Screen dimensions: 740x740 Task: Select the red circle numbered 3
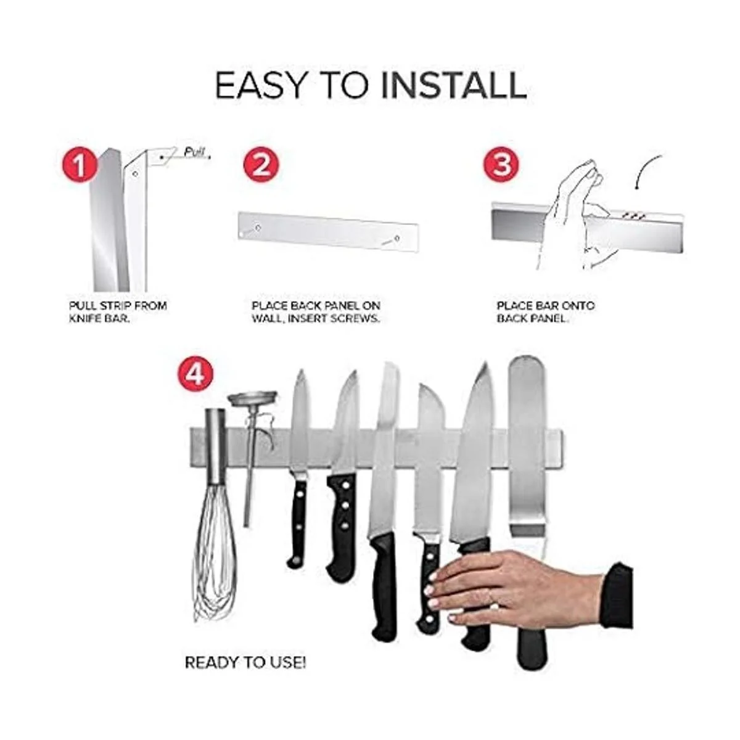click(501, 165)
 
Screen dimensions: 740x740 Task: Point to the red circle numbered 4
click(195, 374)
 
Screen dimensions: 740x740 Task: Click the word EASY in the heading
click(260, 86)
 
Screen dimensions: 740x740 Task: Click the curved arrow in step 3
click(646, 170)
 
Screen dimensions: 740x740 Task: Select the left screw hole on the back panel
click(258, 228)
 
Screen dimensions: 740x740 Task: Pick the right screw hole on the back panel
click(397, 239)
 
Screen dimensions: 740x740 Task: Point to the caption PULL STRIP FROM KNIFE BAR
click(118, 312)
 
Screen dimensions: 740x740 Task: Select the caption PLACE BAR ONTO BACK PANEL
click(546, 312)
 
